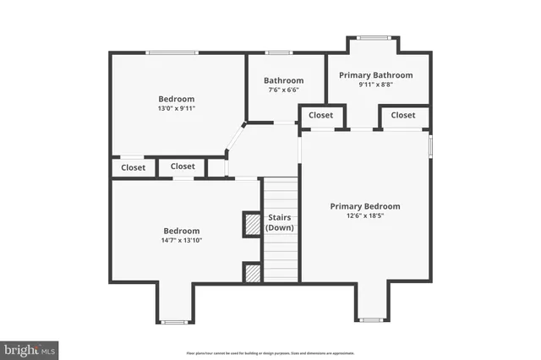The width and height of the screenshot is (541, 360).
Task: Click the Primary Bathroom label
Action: point(376,75)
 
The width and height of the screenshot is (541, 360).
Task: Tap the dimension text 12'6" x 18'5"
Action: point(365,216)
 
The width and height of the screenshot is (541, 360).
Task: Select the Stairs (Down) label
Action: point(280,222)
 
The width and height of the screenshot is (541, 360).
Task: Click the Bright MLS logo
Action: point(30,349)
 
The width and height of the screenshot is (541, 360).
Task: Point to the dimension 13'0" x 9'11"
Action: point(177,109)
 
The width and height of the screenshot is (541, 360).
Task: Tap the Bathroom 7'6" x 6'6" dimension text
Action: point(283,90)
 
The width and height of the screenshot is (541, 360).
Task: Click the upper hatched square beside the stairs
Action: point(252,224)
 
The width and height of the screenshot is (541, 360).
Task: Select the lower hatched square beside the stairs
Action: point(252,272)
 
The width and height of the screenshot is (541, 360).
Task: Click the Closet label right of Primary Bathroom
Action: point(403,115)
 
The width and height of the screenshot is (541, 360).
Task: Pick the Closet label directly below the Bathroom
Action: point(320,115)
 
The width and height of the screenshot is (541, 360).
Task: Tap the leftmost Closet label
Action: point(133,167)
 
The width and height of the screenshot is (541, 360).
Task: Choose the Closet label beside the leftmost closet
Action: point(183,166)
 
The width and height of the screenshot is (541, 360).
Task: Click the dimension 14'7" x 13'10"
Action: point(182,241)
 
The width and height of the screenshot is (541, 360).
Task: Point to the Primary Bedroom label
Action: point(365,206)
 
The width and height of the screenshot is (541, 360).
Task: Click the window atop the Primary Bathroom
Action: point(373,37)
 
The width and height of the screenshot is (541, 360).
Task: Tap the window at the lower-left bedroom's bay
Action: point(174,321)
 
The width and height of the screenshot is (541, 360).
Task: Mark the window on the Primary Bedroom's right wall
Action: point(430,145)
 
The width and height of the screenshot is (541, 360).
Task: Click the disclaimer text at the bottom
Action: point(270,352)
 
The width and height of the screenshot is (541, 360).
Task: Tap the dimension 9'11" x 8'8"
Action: point(376,85)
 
